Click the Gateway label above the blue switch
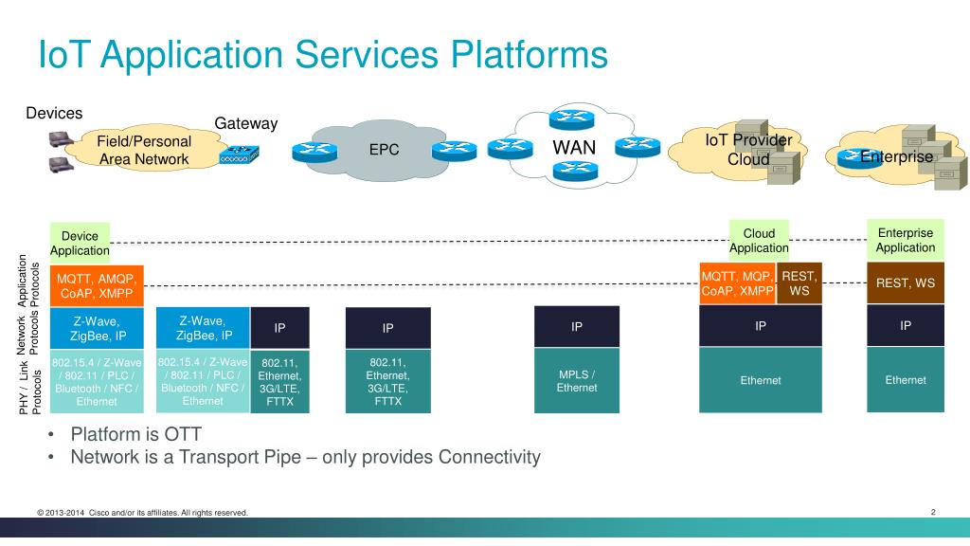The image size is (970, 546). point(245,124)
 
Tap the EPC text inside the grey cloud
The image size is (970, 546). point(385,150)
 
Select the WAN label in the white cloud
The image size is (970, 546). point(574,148)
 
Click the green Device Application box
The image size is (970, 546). point(80,244)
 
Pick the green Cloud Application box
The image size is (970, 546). point(759,241)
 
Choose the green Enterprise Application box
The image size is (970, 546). point(905,240)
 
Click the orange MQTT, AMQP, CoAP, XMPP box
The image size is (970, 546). point(97,286)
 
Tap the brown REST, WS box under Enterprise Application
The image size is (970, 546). point(905,282)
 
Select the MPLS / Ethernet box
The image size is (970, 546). point(577,381)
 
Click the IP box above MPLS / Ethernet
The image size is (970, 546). point(577,326)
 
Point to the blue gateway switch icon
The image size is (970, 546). point(240,155)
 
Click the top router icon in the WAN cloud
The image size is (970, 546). point(571,118)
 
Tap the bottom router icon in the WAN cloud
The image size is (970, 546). point(575,171)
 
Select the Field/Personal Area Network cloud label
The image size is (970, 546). point(144,151)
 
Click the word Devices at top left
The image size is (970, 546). point(54,114)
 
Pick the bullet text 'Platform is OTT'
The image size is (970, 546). point(136,434)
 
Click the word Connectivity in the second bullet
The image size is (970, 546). point(490,457)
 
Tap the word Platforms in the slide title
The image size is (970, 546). point(529,54)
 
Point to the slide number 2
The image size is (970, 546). point(933,512)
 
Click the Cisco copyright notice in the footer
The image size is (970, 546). point(142,513)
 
